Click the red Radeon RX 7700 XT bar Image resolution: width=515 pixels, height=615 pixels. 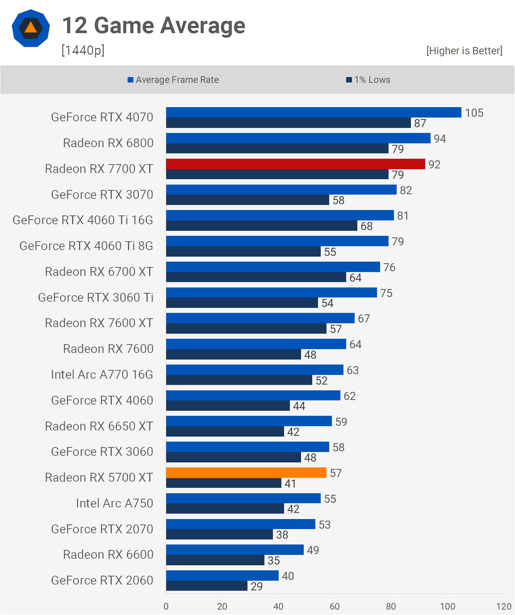pyautogui.click(x=295, y=164)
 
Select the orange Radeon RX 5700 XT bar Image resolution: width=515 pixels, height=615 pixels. pyautogui.click(x=246, y=473)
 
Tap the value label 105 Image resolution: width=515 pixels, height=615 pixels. pyautogui.click(x=474, y=113)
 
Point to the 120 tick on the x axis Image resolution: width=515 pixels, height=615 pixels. pyautogui.click(x=504, y=606)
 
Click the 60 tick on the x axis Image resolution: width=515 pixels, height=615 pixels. pyautogui.click(x=335, y=606)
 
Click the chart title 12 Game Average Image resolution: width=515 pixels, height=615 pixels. pyautogui.click(x=153, y=25)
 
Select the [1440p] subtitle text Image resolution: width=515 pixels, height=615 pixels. pyautogui.click(x=83, y=50)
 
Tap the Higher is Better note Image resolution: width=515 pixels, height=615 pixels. pyautogui.click(x=464, y=51)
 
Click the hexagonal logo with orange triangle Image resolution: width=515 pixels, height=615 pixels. pyautogui.click(x=31, y=28)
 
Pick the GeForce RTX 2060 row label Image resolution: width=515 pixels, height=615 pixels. pyautogui.click(x=102, y=580)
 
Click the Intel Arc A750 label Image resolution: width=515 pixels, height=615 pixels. pyautogui.click(x=114, y=503)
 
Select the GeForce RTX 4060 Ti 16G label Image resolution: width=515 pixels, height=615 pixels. pyautogui.click(x=83, y=220)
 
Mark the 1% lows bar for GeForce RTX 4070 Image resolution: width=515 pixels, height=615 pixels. pyautogui.click(x=288, y=123)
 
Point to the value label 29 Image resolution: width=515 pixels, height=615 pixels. pyautogui.click(x=256, y=586)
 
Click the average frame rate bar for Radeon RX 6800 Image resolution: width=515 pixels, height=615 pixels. pyautogui.click(x=298, y=138)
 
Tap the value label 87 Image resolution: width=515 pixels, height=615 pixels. pyautogui.click(x=420, y=123)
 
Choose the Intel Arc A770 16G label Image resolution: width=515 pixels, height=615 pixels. pyautogui.click(x=102, y=375)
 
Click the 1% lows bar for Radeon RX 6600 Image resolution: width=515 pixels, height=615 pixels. pyautogui.click(x=215, y=560)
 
